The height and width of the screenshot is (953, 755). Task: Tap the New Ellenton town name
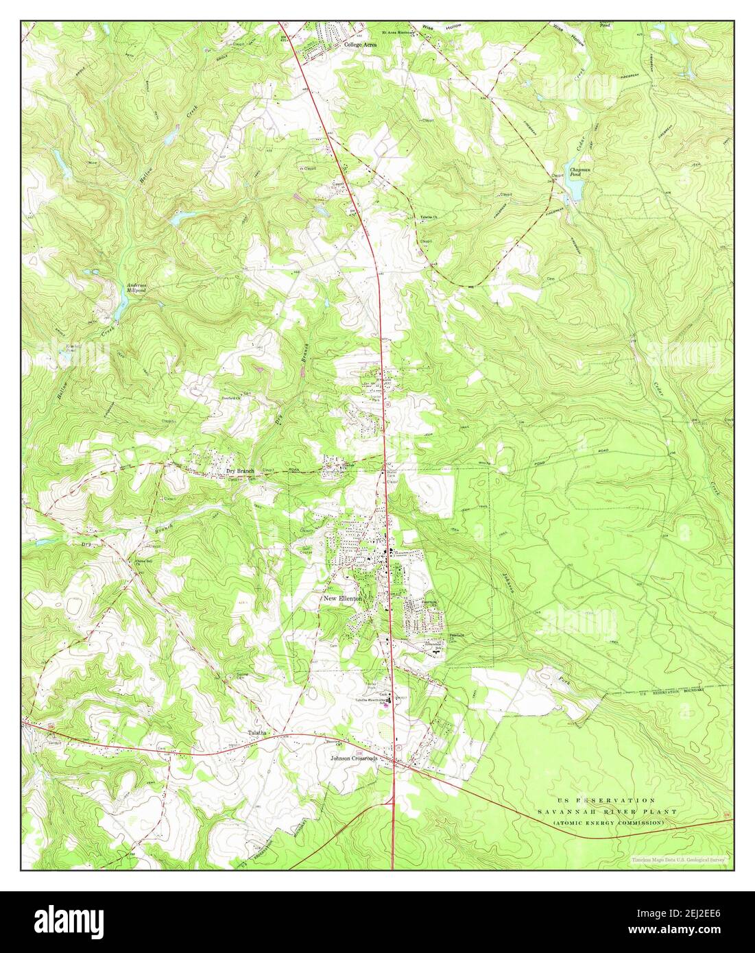tap(342, 599)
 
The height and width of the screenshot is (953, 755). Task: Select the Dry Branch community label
tap(241, 472)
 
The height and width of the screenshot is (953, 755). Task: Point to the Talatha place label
tap(261, 732)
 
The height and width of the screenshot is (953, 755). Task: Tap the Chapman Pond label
tap(575, 172)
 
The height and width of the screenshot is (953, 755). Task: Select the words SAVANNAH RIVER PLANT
tap(606, 811)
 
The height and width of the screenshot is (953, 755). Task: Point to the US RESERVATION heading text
tap(606, 800)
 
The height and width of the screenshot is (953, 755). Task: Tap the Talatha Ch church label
tap(430, 218)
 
